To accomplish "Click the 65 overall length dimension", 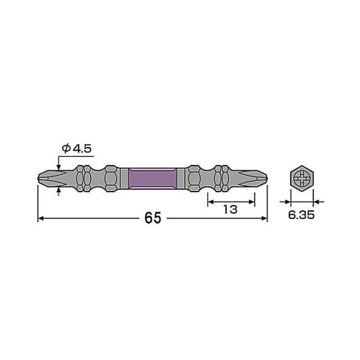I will click(152, 217).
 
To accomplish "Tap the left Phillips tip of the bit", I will click(47, 176).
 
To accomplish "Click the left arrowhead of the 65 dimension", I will click(42, 218).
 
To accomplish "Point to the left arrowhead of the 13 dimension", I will click(211, 203).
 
